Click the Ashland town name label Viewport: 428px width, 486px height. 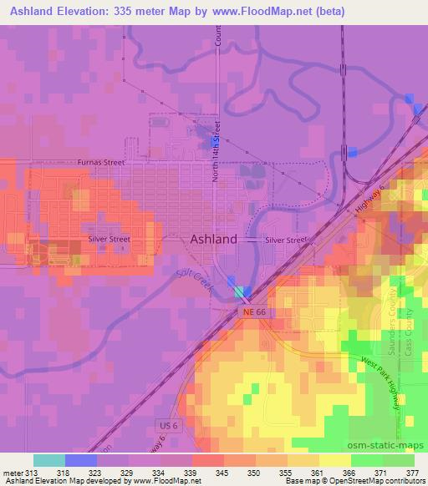click(x=214, y=238)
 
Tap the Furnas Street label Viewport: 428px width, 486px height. click(x=97, y=164)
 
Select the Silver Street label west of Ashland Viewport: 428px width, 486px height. click(x=110, y=239)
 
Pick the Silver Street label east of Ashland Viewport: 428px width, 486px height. click(x=286, y=240)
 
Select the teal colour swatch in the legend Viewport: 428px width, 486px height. click(x=49, y=460)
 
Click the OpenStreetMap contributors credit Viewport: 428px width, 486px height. click(x=380, y=482)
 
